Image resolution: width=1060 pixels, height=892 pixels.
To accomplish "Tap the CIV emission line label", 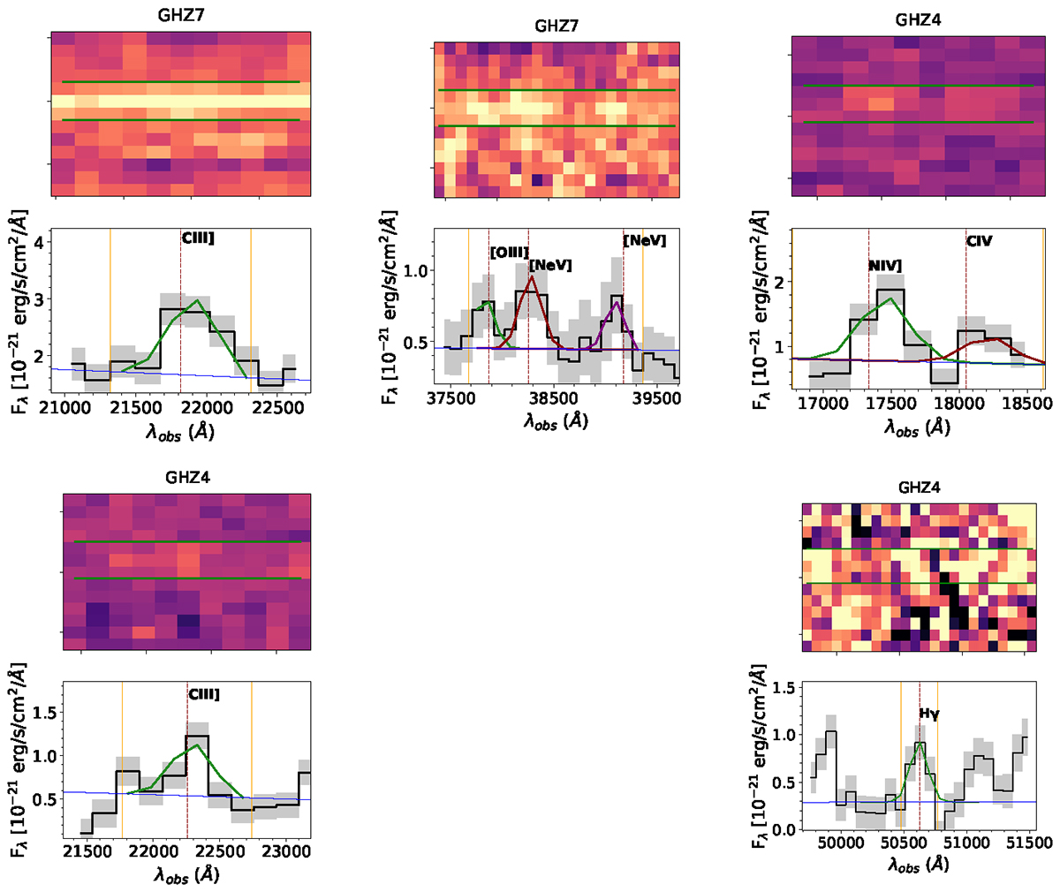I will pos(980,241).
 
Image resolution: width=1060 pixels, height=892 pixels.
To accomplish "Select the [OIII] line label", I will pos(510,253).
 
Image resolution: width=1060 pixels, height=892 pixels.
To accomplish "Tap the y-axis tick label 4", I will pos(39,241).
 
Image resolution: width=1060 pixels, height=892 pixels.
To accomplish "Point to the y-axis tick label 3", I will pos(39,299).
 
